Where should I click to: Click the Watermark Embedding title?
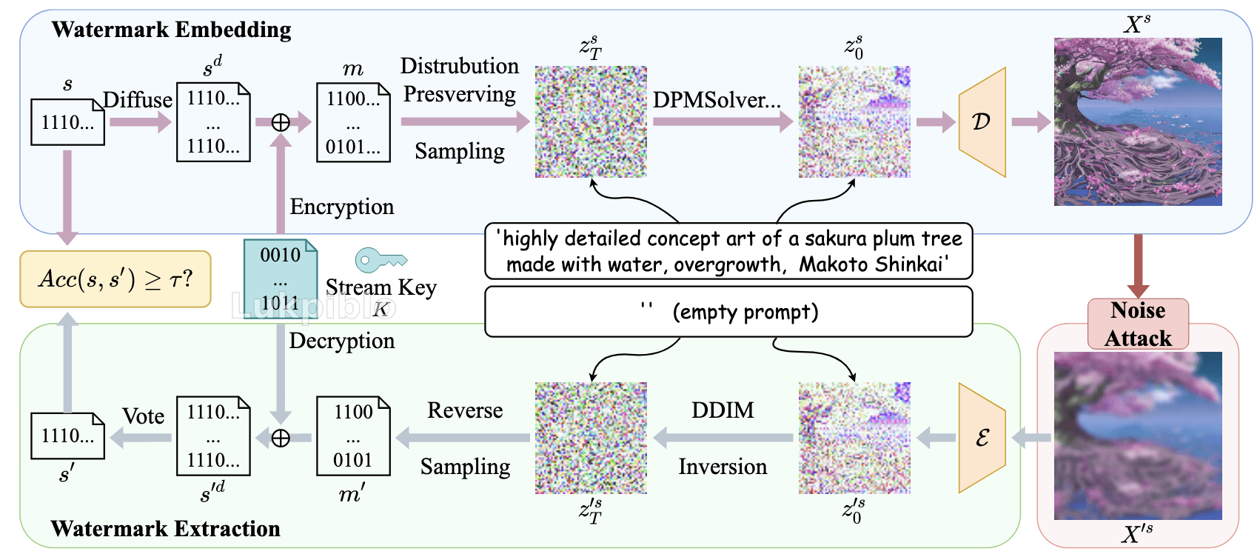171,30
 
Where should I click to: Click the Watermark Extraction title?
165,528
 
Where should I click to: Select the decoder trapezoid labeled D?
982,122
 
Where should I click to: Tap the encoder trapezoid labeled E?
982,438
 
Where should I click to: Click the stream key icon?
381,259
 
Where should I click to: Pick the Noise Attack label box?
1138,324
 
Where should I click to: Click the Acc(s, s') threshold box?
115,279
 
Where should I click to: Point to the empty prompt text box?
728,312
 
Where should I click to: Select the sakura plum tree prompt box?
728,252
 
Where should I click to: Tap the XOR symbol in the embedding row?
281,122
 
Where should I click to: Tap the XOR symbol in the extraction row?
281,438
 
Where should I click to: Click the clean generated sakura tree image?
1138,122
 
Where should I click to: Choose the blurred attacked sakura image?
1138,436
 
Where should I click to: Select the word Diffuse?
138,100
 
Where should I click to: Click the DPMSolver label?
717,100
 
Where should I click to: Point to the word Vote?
144,416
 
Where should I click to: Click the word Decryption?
341,341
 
